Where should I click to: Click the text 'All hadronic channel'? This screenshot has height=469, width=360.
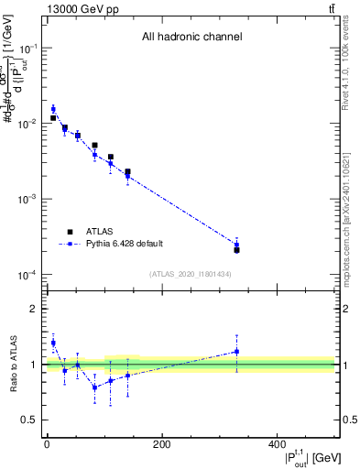tap(191, 38)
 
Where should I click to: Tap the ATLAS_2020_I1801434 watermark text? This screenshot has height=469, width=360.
tap(191, 274)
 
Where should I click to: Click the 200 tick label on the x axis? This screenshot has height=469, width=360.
tap(161, 444)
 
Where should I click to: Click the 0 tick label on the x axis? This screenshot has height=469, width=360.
tap(47, 444)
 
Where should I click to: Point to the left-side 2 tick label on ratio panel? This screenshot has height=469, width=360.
tap(34, 309)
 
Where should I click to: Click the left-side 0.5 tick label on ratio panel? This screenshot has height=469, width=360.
tap(30, 420)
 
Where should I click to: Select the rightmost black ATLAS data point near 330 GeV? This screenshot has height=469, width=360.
tap(236, 250)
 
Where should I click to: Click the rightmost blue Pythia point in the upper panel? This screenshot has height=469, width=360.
tap(236, 245)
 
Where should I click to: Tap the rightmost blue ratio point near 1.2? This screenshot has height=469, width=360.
tap(236, 352)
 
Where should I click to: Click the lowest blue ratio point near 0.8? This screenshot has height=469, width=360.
tap(94, 387)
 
